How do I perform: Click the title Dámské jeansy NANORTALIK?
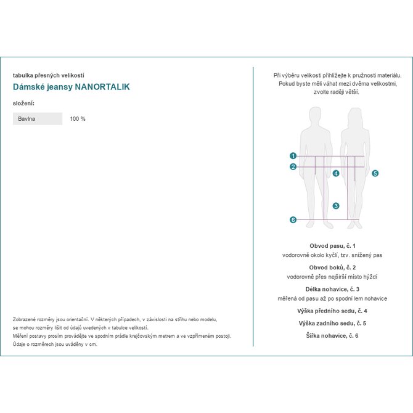coord(71,87)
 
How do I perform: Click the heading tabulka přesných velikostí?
coord(48,75)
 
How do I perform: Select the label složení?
coord(23,103)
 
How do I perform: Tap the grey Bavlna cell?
coord(38,118)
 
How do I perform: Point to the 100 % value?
coord(78,118)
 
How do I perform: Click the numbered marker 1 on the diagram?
coord(293,156)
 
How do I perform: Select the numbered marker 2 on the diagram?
coord(293,166)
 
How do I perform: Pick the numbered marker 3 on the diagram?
coord(336,206)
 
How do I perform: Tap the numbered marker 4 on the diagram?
coord(336,174)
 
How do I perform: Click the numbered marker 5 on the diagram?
coord(375,174)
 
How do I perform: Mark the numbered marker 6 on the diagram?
coord(293,220)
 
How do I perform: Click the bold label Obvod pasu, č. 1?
coord(332,246)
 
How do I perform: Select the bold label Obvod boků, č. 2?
coord(332,268)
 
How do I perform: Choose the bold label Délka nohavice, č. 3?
coord(332,289)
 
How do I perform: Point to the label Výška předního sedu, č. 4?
coord(332,311)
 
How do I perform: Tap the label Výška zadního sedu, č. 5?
coord(332,323)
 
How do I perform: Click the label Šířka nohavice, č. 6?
coord(332,335)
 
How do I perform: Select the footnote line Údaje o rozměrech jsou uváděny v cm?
coord(55,344)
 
